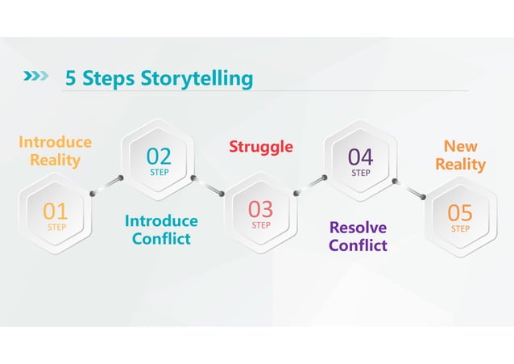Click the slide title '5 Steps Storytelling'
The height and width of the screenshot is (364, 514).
tap(159, 78)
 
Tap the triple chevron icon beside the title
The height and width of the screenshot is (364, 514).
tap(36, 77)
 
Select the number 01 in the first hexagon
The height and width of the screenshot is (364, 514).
tap(56, 211)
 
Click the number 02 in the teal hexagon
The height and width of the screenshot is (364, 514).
tap(159, 155)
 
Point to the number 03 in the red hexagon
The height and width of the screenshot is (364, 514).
tap(260, 209)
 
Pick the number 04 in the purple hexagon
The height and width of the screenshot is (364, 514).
tap(360, 155)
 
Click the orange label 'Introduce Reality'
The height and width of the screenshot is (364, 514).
tap(55, 151)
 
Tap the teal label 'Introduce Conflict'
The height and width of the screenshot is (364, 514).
tap(161, 230)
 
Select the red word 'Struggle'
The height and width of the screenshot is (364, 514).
tap(261, 146)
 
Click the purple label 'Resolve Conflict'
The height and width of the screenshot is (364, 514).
tap(358, 236)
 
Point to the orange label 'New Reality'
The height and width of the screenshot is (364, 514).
tap(461, 155)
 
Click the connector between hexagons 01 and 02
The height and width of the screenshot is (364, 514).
tap(107, 184)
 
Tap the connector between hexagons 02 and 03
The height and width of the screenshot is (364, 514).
tap(209, 184)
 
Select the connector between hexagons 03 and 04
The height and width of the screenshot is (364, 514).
tap(310, 185)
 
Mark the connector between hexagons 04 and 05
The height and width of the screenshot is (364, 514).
tap(409, 187)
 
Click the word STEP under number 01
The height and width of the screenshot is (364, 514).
tap(56, 228)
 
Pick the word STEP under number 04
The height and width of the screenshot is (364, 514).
tap(361, 173)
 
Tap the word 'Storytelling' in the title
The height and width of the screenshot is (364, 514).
tap(197, 78)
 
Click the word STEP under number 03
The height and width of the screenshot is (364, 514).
tap(261, 226)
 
